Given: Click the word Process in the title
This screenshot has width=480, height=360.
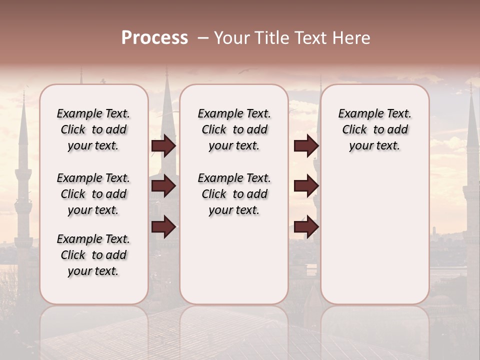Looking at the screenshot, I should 154,38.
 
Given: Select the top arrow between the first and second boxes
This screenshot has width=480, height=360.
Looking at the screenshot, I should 163,145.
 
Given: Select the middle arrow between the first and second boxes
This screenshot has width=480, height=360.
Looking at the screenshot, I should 163,186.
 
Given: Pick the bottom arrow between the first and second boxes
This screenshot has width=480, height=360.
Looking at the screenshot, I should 163,227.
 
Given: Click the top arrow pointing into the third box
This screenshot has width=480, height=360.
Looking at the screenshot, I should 306,145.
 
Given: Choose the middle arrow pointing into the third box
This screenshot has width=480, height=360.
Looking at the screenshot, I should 306,186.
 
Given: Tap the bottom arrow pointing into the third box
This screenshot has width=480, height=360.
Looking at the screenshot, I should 306,227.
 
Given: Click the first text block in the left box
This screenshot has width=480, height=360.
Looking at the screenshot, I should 93,129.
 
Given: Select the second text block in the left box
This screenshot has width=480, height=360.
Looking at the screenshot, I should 93,194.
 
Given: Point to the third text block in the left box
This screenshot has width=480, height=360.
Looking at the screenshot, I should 93,255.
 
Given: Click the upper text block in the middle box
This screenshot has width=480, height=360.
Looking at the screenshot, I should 234,129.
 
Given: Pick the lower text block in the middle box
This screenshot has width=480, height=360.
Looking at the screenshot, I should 234,194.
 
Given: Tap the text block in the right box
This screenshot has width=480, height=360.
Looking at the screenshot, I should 374,129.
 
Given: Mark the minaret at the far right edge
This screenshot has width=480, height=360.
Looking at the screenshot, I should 471,175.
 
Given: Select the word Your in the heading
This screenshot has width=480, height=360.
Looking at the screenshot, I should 232,38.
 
